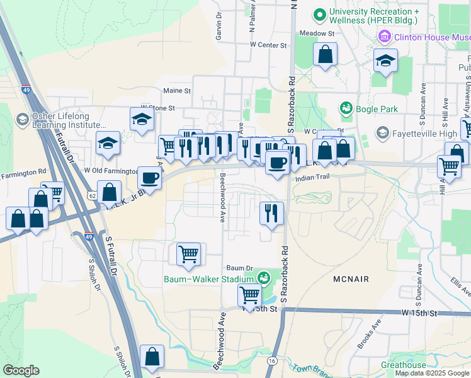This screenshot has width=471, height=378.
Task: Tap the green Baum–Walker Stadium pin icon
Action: pyautogui.click(x=263, y=277)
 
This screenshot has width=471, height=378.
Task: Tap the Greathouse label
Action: pyautogui.click(x=403, y=365)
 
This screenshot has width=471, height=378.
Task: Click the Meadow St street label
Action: pyautogui.click(x=316, y=33)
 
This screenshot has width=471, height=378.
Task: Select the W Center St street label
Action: pyautogui.click(x=268, y=45)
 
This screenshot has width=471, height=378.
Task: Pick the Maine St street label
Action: pyautogui.click(x=177, y=91)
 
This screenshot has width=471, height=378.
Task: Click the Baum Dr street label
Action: pyautogui.click(x=239, y=268)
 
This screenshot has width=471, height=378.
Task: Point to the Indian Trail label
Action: pyautogui.click(x=314, y=179)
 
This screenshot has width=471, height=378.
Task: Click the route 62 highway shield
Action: pyautogui.click(x=92, y=196)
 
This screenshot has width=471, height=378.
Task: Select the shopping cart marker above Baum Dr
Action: pyautogui.click(x=188, y=254)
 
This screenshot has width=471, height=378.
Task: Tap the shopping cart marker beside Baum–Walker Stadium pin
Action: pyautogui.click(x=250, y=294)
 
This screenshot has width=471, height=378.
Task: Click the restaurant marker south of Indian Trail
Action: pyautogui.click(x=271, y=212)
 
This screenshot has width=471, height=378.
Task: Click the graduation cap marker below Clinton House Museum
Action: pyautogui.click(x=385, y=60)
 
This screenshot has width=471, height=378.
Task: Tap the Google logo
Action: pyautogui.click(x=21, y=370)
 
